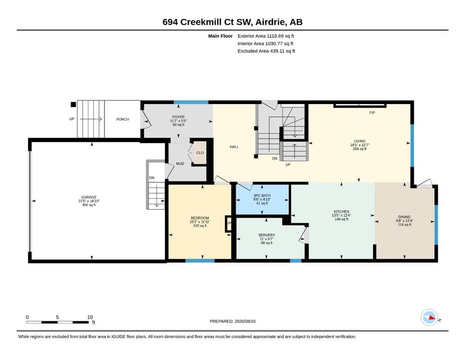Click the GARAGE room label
pyautogui.click(x=89, y=197)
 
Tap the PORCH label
pyautogui.click(x=123, y=120)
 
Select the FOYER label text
pyautogui.click(x=178, y=117)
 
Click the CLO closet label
pyautogui.click(x=200, y=153)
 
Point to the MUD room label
pyautogui.click(x=180, y=164)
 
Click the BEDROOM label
pyautogui.click(x=200, y=218)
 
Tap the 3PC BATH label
pyautogui.click(x=262, y=195)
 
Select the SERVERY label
pyautogui.click(x=266, y=235)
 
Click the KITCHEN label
pyautogui.click(x=341, y=211)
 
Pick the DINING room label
pyautogui.click(x=405, y=217)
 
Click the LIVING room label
pyautogui.click(x=360, y=141)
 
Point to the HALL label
pyautogui.click(x=234, y=147)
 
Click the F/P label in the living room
pyautogui.click(x=372, y=113)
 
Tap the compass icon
pyautogui.click(x=429, y=317)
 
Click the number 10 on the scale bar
pyautogui.click(x=90, y=317)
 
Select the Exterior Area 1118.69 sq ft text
pyautogui.click(x=266, y=36)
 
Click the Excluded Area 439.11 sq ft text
pyautogui.click(x=266, y=51)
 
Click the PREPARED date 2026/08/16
pyautogui.click(x=245, y=321)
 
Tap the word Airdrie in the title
pyautogui.click(x=271, y=22)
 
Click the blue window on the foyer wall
pyautogui.click(x=191, y=102)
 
